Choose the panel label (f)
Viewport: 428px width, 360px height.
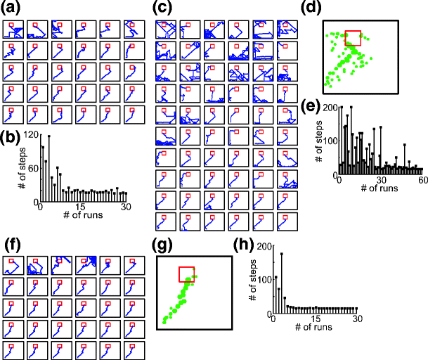point(13,245)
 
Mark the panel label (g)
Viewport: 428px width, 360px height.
point(166,245)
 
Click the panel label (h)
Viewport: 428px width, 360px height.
point(242,245)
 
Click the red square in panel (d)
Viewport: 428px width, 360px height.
point(353,39)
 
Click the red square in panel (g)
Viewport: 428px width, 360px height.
point(187,275)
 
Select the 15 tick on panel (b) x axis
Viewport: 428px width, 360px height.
point(82,207)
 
